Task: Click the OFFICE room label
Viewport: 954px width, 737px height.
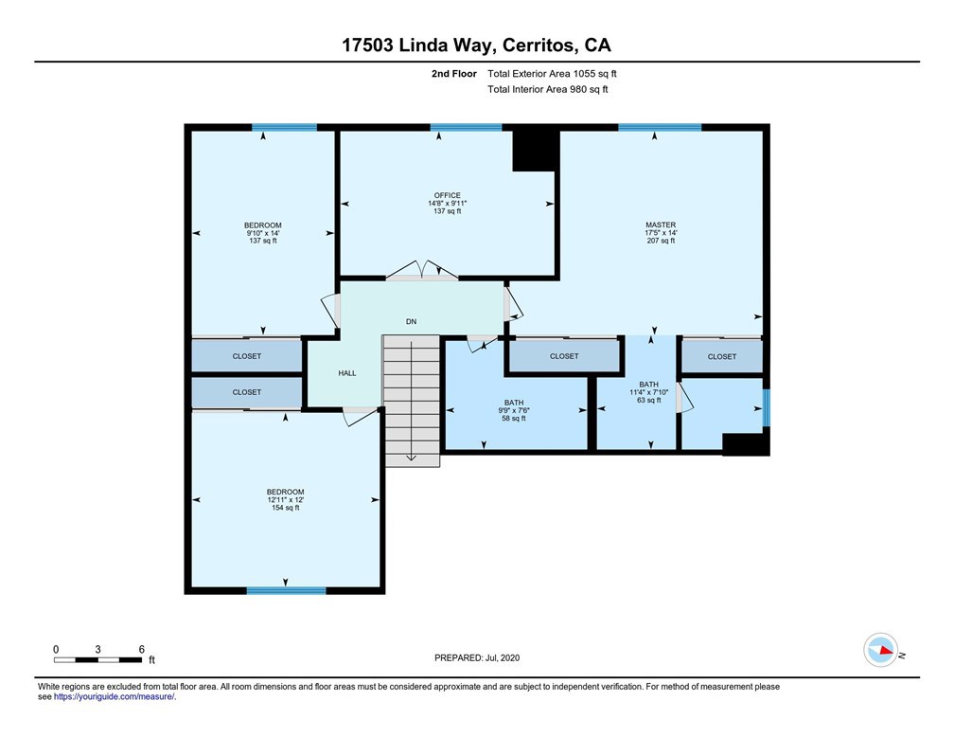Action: [x=447, y=195]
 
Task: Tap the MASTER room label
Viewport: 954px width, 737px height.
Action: [x=661, y=225]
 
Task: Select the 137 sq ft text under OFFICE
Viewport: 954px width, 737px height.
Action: [x=447, y=211]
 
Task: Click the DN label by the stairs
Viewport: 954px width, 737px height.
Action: [x=412, y=321]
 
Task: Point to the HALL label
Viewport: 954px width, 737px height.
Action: [x=347, y=373]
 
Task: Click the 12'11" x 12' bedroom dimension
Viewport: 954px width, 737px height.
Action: [x=286, y=500]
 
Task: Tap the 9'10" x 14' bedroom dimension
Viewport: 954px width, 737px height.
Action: [x=263, y=233]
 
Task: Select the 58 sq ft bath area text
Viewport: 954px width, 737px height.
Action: [x=514, y=419]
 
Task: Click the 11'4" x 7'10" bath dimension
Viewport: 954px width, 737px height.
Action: [x=648, y=392]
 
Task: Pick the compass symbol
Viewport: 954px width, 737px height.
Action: [x=880, y=650]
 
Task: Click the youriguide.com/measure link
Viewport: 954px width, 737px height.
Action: [x=115, y=697]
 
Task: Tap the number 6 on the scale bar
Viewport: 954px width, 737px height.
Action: [x=142, y=650]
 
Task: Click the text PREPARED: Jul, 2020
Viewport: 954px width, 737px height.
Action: [x=477, y=657]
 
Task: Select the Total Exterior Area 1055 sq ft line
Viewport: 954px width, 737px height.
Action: [x=552, y=74]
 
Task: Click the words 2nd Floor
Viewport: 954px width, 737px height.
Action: [x=454, y=74]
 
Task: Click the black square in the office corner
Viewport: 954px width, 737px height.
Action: [x=536, y=151]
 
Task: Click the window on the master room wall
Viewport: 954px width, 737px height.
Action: [x=660, y=127]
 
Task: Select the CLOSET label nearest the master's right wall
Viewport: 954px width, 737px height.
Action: [x=721, y=357]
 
